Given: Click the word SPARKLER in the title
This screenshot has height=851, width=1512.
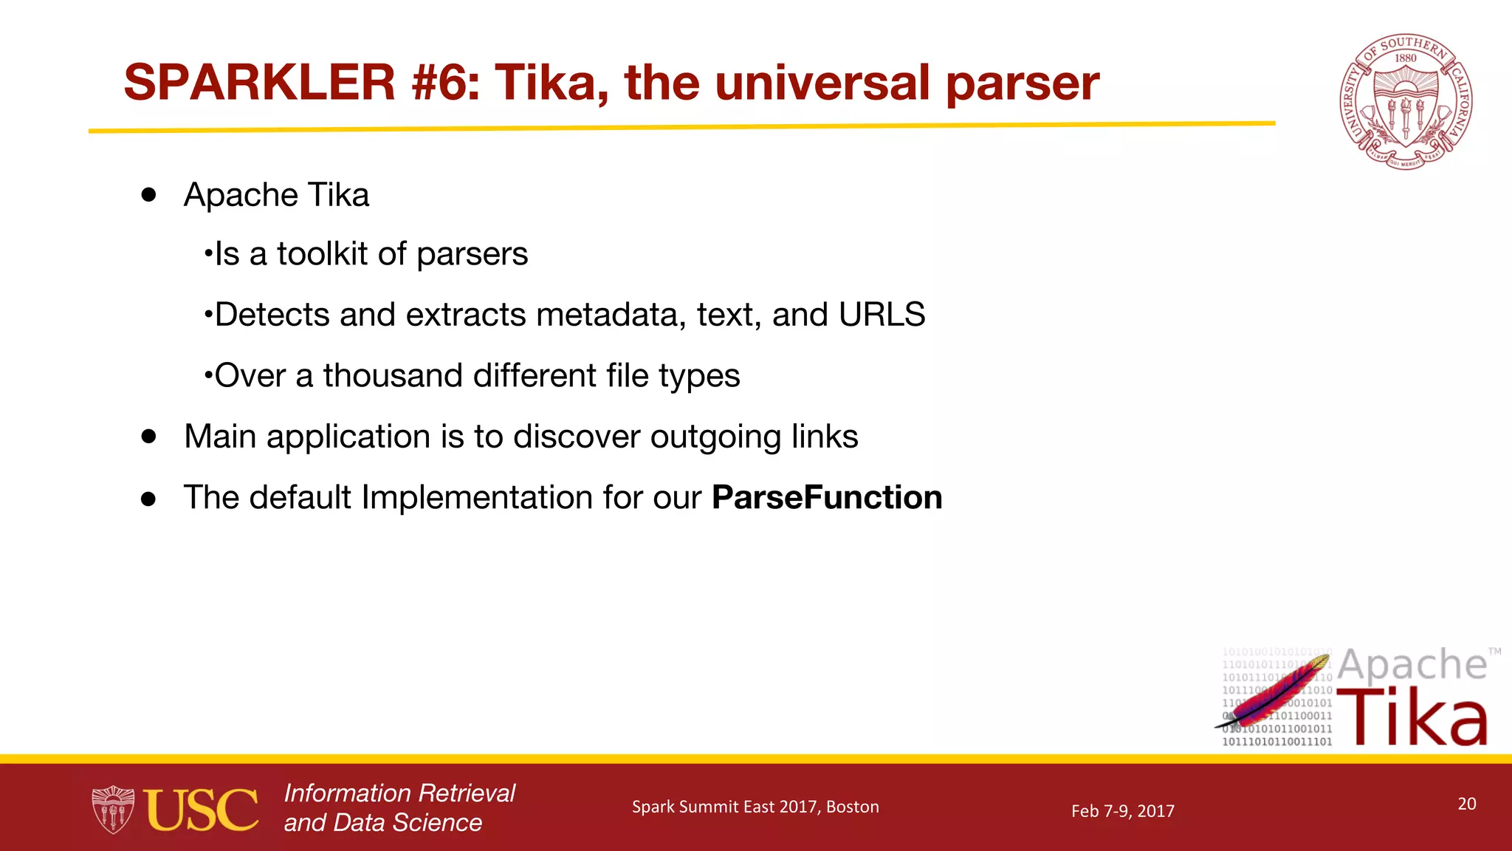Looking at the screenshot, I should [260, 82].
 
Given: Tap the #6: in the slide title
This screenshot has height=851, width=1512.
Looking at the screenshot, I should [445, 82].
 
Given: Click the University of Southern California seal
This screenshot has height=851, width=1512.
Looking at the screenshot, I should [1406, 102].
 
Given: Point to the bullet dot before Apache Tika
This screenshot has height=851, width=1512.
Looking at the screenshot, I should [149, 194].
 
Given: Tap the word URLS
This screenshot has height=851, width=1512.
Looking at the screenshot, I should [882, 315].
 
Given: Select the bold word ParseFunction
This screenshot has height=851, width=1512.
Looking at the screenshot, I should [827, 497].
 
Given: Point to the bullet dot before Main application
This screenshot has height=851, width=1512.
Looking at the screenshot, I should [149, 437].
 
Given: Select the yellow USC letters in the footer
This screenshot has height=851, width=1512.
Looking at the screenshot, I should [201, 810].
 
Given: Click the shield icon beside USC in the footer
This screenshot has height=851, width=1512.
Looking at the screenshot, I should [113, 810].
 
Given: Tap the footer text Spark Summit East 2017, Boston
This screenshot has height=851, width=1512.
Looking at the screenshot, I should [755, 807].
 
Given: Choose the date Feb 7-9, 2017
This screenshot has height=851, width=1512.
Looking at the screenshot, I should [1122, 811].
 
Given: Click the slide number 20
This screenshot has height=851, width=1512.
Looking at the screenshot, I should [1466, 804].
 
